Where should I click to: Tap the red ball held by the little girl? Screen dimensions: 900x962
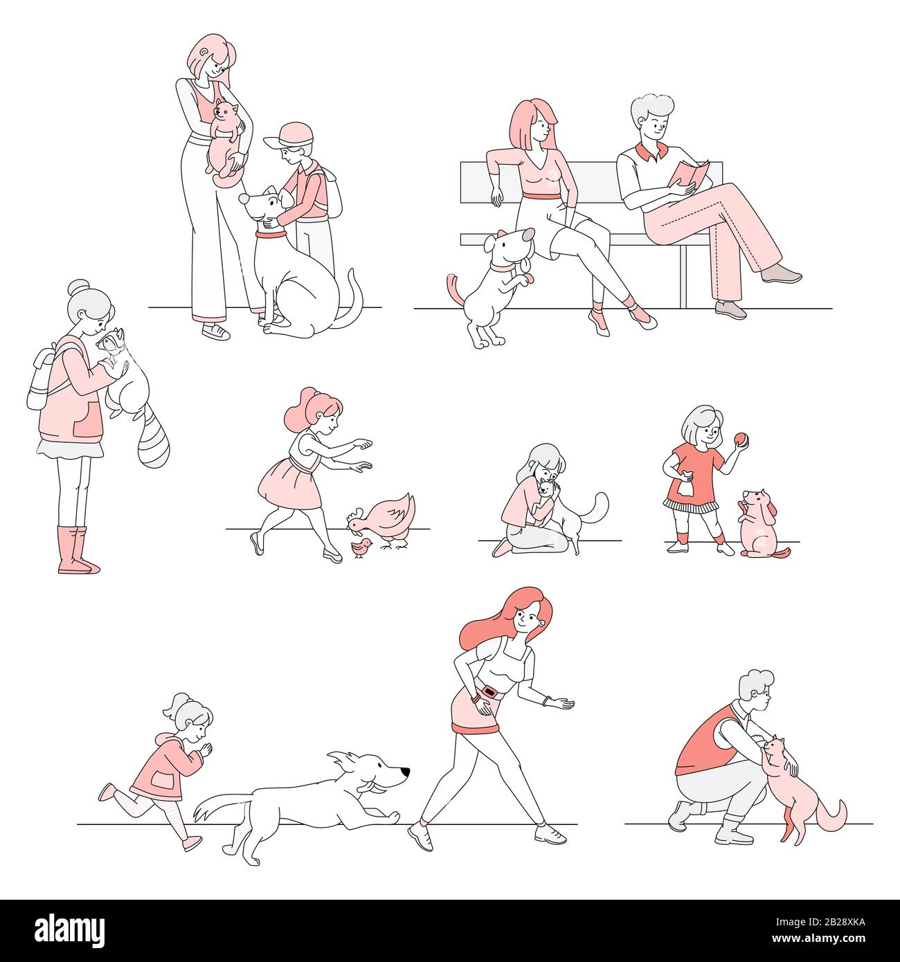741,439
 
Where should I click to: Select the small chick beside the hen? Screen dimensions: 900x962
361,548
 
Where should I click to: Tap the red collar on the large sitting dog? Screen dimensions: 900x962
271,235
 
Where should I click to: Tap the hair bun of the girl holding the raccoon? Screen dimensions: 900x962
78,286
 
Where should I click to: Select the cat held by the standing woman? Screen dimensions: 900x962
226,140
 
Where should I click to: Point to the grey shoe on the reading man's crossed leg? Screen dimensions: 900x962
781,275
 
